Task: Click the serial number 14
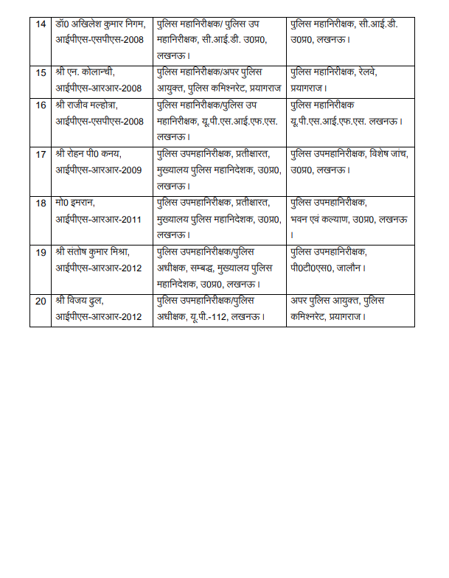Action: point(41,24)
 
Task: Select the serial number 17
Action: point(41,154)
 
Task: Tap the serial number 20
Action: point(41,302)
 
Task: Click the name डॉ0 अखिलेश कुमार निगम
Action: point(101,24)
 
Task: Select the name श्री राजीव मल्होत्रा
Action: point(89,105)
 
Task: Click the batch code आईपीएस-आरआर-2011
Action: point(100,219)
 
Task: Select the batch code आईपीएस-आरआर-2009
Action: point(100,170)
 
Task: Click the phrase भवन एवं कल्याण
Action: point(325,219)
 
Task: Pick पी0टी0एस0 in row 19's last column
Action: point(312,268)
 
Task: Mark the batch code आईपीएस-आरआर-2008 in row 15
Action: point(100,88)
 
